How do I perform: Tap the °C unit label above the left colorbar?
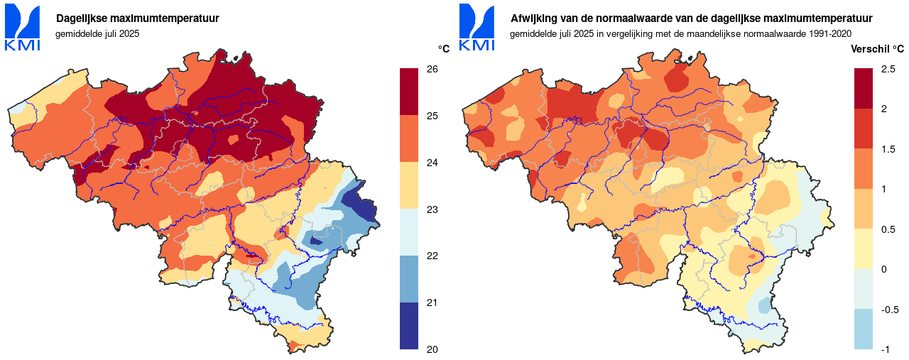tap(444, 49)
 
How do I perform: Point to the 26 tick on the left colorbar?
tap(432, 70)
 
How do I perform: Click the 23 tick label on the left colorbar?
tap(432, 209)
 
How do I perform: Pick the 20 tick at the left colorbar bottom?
tap(432, 349)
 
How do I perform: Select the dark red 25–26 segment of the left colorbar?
tap(409, 92)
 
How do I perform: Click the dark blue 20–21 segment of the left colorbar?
tap(409, 326)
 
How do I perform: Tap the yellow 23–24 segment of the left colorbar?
tap(409, 185)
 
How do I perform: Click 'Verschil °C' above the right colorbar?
tap(878, 49)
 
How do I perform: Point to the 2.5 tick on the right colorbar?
tap(888, 70)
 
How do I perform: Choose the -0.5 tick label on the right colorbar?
tap(889, 310)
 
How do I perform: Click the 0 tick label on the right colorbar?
tap(883, 269)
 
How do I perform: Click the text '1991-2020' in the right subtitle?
tap(832, 33)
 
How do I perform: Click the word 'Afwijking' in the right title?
tap(533, 18)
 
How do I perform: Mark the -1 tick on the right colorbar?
tap(885, 349)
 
